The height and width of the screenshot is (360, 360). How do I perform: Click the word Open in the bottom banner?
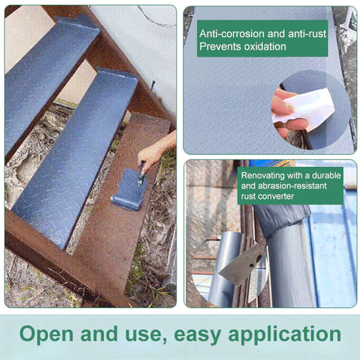[x=47, y=335]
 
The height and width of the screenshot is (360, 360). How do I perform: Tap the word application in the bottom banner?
[x=284, y=335]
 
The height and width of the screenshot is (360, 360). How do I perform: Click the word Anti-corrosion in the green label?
[x=232, y=34]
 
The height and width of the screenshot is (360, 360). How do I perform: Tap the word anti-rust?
[x=307, y=34]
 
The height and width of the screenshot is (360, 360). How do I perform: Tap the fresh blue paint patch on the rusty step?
[x=130, y=189]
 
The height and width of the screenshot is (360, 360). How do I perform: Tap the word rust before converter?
[x=248, y=197]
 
